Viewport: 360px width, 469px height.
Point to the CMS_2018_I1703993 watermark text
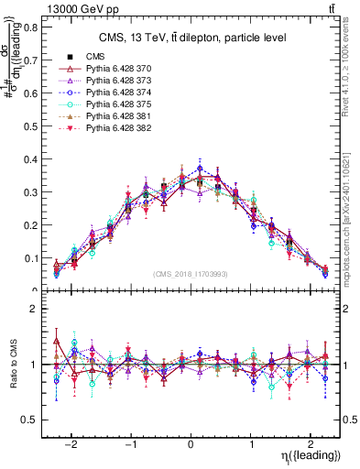coord(191,274)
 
